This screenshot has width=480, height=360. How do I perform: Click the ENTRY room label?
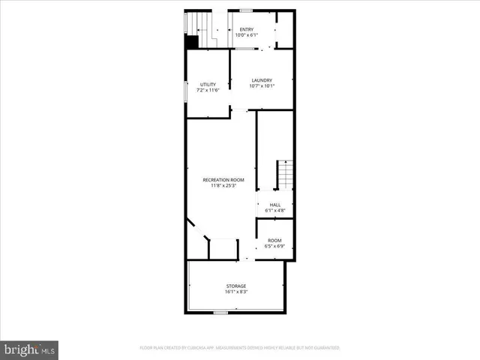pos(246,29)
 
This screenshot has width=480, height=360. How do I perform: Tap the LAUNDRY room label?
pos(261,80)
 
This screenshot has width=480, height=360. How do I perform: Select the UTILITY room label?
pos(208,84)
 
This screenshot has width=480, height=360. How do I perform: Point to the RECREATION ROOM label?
pos(223,180)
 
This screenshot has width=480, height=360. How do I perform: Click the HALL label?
pos(274,204)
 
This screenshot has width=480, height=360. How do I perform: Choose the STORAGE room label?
pos(236,286)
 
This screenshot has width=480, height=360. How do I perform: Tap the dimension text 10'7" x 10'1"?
pos(261,86)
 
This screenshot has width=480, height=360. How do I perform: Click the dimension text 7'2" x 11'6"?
pos(208,90)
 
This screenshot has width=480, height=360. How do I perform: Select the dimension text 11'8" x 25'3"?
pos(223,186)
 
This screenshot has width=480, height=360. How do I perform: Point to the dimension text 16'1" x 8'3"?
pos(236,292)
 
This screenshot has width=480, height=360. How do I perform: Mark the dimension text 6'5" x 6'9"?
pos(274,246)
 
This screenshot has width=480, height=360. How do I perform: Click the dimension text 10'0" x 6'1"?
pos(246,35)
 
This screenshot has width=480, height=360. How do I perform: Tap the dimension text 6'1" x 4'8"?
pos(274,210)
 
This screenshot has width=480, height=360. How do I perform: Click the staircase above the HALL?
pos(284,175)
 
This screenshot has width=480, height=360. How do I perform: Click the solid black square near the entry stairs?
pos(192,43)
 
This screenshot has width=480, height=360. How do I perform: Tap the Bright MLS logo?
pos(29,349)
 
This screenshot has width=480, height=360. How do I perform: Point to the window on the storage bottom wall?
pos(220,311)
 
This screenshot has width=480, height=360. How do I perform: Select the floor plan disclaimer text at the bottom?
pos(239,348)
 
